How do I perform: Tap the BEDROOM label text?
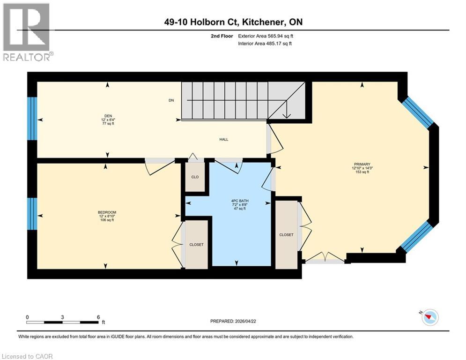point(107,212)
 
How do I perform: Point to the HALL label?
point(223,139)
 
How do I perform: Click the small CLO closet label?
point(195,178)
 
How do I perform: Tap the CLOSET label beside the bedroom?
point(196,245)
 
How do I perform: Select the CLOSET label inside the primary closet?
point(286,235)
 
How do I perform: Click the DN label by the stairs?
point(172,100)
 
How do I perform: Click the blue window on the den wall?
point(32,119)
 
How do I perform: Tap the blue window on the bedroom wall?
point(32,214)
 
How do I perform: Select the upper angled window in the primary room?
point(419,112)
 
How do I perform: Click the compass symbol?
point(429,317)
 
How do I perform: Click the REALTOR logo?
point(28,32)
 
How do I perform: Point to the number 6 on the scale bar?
point(98,317)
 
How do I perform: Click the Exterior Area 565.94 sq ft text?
point(266,36)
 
